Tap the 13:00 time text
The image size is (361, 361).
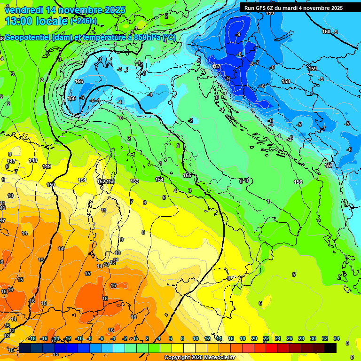pos(17,21)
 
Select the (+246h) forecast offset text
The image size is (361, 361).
pos(84,21)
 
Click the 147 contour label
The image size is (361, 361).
pos(11,161)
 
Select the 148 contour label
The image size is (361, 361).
pos(33,160)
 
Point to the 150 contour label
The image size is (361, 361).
pos(51,185)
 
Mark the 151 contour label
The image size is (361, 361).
pos(82,180)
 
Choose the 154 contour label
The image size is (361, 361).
pos(159,180)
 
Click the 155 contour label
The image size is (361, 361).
pos(187,175)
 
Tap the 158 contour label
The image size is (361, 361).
pos(286,81)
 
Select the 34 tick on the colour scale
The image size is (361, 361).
pos(336,338)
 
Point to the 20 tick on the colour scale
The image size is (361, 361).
pos(254,338)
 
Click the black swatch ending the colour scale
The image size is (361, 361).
pos(330,348)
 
